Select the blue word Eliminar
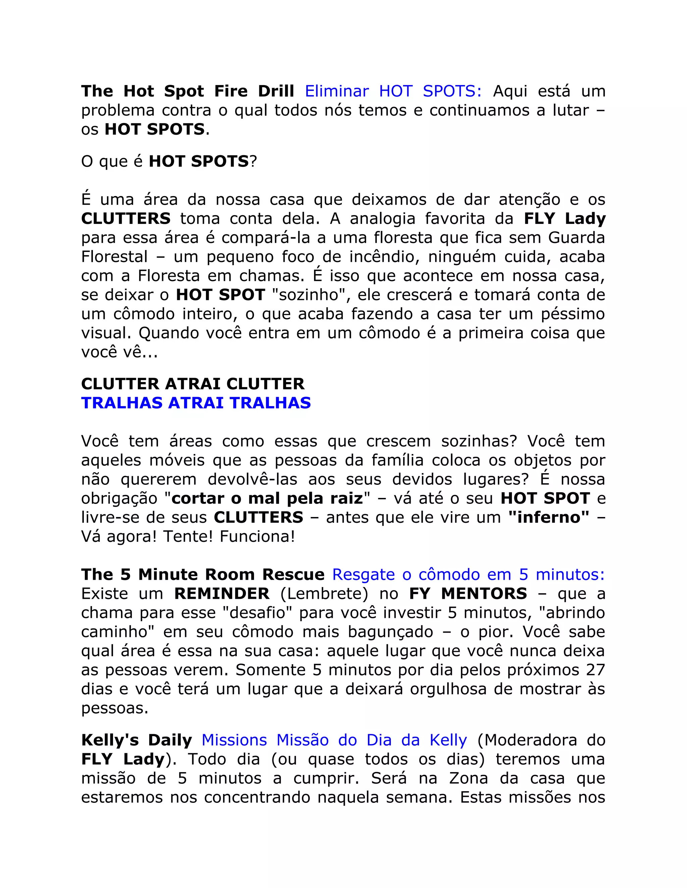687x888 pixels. click(336, 91)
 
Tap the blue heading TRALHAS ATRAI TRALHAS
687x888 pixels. click(196, 403)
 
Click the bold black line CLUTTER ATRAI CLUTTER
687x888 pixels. click(193, 384)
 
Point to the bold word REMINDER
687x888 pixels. click(222, 594)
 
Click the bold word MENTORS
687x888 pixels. click(484, 594)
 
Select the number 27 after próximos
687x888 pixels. click(595, 670)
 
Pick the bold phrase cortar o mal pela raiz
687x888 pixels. click(267, 499)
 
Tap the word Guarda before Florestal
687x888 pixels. click(576, 238)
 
